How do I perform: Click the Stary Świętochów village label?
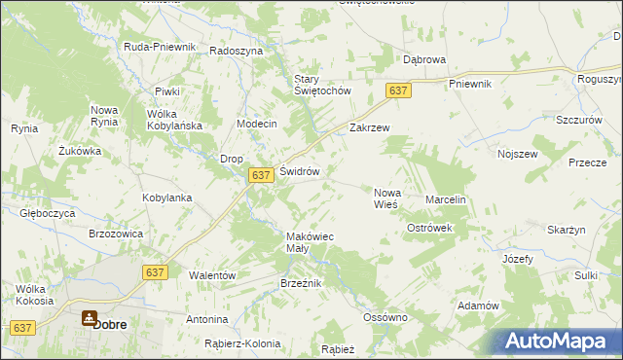(x=321, y=85)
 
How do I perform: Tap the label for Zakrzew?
(x=369, y=127)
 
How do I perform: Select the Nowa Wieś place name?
(x=387, y=198)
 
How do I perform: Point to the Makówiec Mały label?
(x=310, y=242)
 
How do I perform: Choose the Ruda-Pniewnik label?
(x=161, y=47)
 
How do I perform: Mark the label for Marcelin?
(x=447, y=199)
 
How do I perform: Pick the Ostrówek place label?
(x=430, y=227)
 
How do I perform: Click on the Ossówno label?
(x=384, y=317)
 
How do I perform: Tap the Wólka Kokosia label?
(x=34, y=295)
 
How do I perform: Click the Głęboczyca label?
(x=47, y=210)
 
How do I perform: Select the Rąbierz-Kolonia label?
(x=242, y=343)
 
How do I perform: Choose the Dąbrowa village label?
(x=424, y=59)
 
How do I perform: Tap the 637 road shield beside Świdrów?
(x=259, y=174)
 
